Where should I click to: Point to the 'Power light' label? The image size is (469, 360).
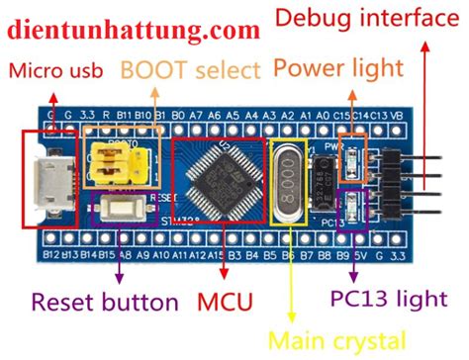pos(337,68)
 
